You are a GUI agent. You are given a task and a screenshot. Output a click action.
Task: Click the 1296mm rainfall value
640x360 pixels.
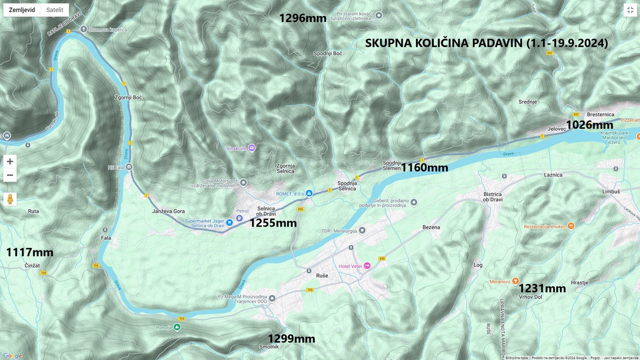pos(302,18)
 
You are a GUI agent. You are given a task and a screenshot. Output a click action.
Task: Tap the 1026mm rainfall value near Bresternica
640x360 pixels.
pos(589,125)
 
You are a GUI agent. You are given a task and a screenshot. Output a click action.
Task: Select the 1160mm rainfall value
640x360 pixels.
pos(424,167)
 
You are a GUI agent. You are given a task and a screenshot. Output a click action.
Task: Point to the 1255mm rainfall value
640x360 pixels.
pos(273,223)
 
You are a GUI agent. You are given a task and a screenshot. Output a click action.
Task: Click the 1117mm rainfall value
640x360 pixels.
pos(29,252)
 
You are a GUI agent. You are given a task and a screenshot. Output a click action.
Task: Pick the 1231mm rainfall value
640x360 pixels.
pos(542,288)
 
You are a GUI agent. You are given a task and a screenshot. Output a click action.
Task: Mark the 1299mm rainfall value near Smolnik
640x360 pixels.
pos(291,339)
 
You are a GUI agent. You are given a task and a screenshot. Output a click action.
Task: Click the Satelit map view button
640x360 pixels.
pos(54,10)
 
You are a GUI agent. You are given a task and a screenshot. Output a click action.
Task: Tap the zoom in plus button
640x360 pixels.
pos(10,161)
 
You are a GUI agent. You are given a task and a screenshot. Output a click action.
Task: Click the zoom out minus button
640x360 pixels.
pos(10,175)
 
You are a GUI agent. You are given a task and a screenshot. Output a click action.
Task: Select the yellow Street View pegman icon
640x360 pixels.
pos(10,199)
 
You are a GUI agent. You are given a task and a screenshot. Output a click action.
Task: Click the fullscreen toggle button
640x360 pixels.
pos(629,10)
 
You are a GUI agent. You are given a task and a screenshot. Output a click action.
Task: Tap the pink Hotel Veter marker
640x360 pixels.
pos(367,266)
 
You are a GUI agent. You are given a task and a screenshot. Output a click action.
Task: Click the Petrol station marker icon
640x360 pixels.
pos(239,218)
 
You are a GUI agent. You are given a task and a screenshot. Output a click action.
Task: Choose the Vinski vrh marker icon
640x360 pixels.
pos(251,148)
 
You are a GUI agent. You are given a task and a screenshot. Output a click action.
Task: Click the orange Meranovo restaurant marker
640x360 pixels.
pos(515,281)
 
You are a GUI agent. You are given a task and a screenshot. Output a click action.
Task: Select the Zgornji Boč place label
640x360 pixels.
pos(128,97)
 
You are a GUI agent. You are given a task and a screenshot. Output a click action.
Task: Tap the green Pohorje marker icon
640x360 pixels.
pos(177,327)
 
